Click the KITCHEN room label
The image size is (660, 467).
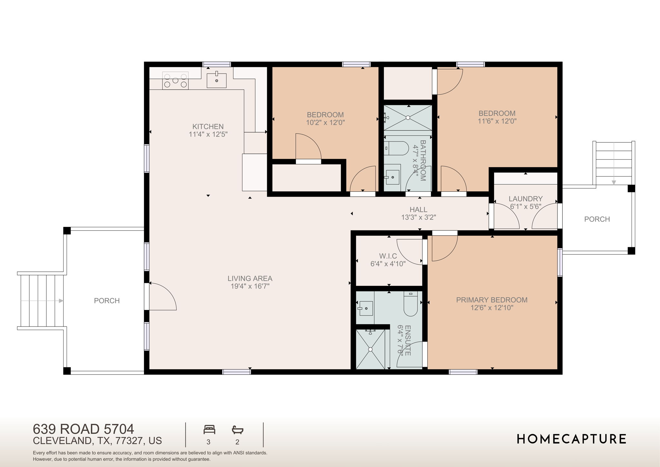click(x=208, y=126)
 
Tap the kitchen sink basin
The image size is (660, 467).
click(x=216, y=80)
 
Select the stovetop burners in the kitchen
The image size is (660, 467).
click(x=175, y=81)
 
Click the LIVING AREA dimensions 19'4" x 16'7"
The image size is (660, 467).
click(x=250, y=286)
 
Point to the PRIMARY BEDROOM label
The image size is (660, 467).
click(x=492, y=300)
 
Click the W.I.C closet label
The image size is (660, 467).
click(x=388, y=256)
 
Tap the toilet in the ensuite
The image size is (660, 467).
click(x=411, y=304)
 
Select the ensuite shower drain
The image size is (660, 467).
click(x=370, y=349)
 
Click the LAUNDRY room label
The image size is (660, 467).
click(x=526, y=199)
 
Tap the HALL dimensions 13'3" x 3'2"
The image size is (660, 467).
click(x=418, y=218)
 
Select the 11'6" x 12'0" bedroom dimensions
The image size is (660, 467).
click(x=497, y=121)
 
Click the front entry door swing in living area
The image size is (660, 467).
click(x=163, y=297)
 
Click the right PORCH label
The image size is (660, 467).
click(x=597, y=219)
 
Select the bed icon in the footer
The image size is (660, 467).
click(x=209, y=430)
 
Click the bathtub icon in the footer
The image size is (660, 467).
click(x=238, y=430)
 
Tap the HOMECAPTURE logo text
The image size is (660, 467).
click(x=571, y=439)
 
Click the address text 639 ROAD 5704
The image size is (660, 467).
click(x=83, y=429)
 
